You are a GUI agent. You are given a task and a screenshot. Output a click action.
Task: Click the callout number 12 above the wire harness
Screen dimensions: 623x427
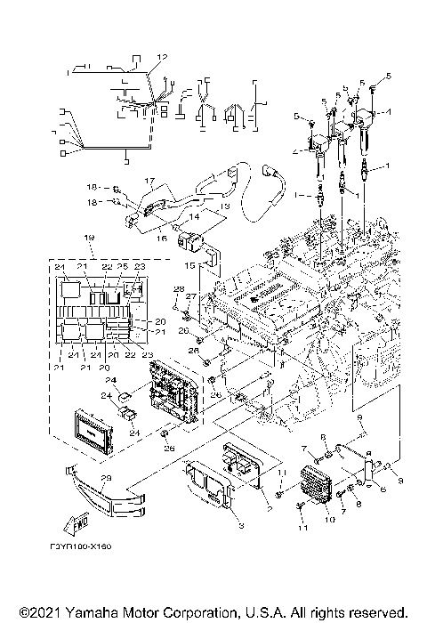(161, 57)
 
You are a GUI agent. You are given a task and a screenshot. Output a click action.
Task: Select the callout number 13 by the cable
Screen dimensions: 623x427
(224, 206)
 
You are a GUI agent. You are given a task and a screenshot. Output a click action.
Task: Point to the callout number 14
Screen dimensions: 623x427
(192, 216)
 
